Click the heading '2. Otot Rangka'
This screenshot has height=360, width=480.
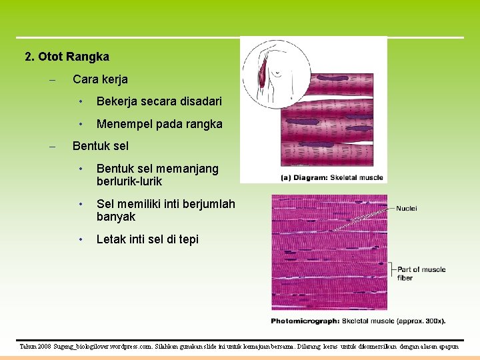pyautogui.click(x=67, y=57)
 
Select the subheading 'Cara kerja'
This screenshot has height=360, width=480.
pyautogui.click(x=100, y=79)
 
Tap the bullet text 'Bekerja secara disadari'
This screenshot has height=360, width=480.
pyautogui.click(x=159, y=102)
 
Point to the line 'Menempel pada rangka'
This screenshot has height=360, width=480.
pyautogui.click(x=159, y=124)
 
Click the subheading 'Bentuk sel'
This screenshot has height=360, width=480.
pyautogui.click(x=100, y=146)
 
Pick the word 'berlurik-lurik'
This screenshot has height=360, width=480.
pyautogui.click(x=129, y=181)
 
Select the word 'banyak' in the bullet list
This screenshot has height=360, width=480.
pyautogui.click(x=116, y=217)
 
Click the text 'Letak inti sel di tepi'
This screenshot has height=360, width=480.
pyautogui.click(x=147, y=239)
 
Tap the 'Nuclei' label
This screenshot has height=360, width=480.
pyautogui.click(x=407, y=209)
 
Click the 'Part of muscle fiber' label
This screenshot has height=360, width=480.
pyautogui.click(x=421, y=273)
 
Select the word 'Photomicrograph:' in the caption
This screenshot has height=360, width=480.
pyautogui.click(x=305, y=321)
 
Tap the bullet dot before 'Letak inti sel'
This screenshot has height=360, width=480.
pyautogui.click(x=80, y=239)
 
